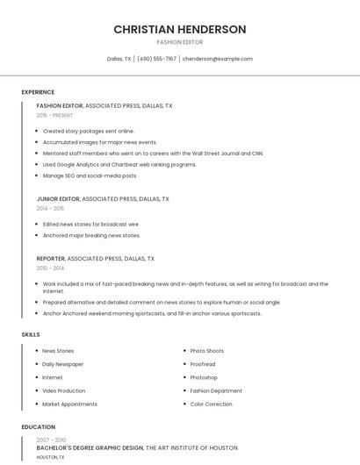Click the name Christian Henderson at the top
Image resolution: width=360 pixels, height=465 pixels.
click(179, 29)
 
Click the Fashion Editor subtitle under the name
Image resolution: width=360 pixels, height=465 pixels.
click(179, 42)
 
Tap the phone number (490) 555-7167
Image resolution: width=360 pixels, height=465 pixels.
click(158, 59)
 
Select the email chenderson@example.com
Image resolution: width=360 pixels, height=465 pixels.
click(217, 59)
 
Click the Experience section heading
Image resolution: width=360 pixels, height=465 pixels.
click(38, 92)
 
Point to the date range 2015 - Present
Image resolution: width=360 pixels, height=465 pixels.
click(54, 115)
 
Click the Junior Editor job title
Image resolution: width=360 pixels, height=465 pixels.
click(58, 198)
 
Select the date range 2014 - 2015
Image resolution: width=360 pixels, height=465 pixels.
click(50, 208)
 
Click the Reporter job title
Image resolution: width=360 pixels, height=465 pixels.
click(51, 259)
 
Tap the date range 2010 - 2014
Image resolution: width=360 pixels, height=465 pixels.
click(50, 268)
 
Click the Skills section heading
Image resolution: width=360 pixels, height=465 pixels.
click(31, 334)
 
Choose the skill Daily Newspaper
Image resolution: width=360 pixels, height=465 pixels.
click(62, 364)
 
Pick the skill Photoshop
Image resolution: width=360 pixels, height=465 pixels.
click(204, 377)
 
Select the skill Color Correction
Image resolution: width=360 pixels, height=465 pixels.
click(211, 404)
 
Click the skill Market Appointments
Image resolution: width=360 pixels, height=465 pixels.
click(69, 404)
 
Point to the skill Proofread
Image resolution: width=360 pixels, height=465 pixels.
click(202, 364)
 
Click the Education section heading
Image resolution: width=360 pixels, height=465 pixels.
click(38, 427)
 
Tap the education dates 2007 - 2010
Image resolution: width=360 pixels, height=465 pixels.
click(51, 440)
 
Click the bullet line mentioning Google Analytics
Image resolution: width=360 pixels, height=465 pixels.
click(119, 164)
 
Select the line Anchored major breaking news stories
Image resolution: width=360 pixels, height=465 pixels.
click(91, 235)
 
